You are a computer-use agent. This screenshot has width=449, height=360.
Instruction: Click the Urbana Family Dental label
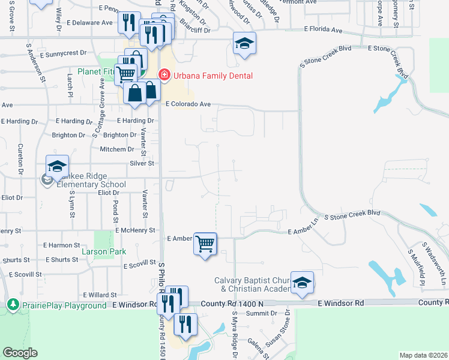(213, 76)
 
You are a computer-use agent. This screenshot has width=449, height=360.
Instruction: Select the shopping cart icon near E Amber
(205, 244)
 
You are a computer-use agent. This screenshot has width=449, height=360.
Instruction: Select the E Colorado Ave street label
(188, 104)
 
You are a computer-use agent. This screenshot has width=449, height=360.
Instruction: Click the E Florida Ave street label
(323, 29)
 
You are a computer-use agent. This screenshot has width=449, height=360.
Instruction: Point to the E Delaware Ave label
(90, 23)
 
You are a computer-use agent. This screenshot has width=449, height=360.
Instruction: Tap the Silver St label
(142, 163)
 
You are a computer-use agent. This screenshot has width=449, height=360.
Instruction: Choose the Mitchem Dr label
(117, 149)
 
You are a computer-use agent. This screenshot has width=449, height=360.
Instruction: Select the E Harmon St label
(62, 245)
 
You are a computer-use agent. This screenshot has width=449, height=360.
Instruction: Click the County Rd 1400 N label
(235, 304)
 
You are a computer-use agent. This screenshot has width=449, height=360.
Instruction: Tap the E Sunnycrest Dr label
(65, 53)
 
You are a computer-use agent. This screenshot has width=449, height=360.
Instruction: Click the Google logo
(20, 353)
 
